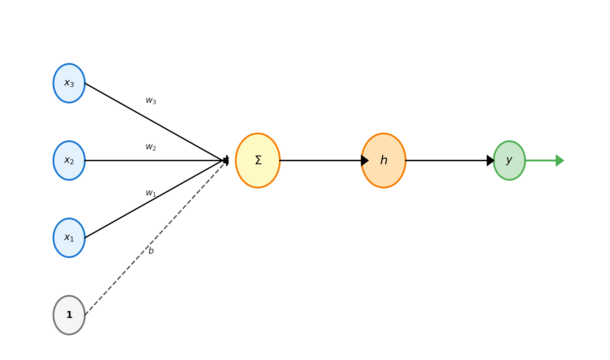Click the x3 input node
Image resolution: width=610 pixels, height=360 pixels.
(69, 83)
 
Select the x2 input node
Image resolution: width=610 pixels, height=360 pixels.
(69, 161)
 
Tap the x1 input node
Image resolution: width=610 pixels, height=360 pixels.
(69, 238)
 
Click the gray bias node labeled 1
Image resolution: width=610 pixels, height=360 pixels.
(69, 315)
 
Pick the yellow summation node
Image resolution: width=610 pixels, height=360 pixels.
(258, 161)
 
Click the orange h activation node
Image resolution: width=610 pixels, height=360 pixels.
(383, 161)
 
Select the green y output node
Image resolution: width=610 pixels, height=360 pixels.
(509, 161)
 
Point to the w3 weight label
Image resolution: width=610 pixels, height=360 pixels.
(151, 101)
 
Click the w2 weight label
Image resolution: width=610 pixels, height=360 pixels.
(151, 147)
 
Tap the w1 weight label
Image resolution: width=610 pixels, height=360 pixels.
(151, 193)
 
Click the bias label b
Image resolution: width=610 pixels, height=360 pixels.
(151, 251)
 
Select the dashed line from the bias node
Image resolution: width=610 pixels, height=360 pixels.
(125, 272)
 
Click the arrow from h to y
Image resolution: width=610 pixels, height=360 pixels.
(446, 161)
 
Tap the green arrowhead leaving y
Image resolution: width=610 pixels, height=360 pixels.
(559, 161)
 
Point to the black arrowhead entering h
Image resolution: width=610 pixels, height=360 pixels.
(364, 161)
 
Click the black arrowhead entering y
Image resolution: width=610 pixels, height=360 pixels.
(490, 161)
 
